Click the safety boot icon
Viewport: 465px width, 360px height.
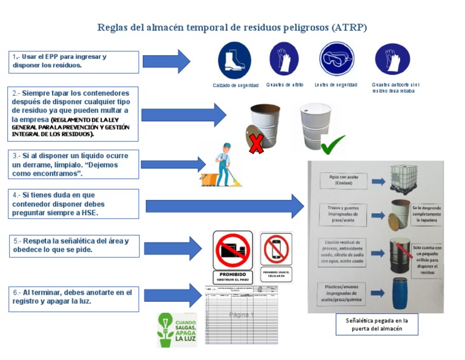tap(234, 60)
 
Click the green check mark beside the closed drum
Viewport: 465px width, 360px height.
tap(332, 144)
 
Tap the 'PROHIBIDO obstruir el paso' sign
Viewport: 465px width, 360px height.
tap(232, 255)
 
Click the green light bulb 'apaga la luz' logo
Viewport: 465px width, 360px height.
tap(174, 330)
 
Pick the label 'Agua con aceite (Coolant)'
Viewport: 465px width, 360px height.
tap(343, 180)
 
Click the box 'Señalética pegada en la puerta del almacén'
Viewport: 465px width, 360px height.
tap(377, 324)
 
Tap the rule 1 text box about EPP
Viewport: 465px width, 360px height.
tap(74, 61)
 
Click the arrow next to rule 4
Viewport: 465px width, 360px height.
tap(225, 207)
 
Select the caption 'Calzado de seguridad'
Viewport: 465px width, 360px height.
tap(236, 85)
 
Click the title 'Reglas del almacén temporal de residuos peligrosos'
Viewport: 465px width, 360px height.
tap(232, 28)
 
